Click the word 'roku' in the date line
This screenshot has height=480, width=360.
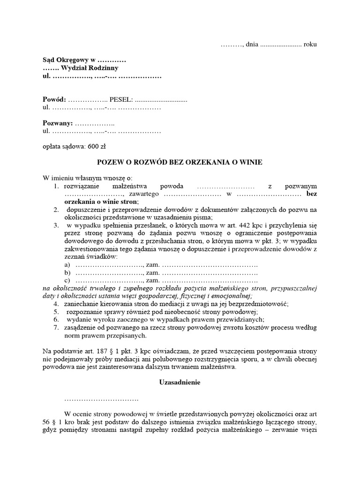pyautogui.click(x=310, y=45)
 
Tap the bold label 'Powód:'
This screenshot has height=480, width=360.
pyautogui.click(x=54, y=100)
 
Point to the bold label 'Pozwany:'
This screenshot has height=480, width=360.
pyautogui.click(x=58, y=123)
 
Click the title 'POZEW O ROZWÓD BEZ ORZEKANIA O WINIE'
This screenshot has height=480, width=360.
pyautogui.click(x=180, y=162)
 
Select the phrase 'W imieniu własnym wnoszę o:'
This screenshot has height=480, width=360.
pyautogui.click(x=88, y=178)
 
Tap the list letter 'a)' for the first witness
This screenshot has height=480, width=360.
pyautogui.click(x=67, y=265)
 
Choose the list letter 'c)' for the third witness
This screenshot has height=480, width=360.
pyautogui.click(x=67, y=280)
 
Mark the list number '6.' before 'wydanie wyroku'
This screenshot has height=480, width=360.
pyautogui.click(x=56, y=320)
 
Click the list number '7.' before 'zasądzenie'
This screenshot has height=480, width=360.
pyautogui.click(x=56, y=328)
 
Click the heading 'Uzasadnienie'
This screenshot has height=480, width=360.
pyautogui.click(x=180, y=382)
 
